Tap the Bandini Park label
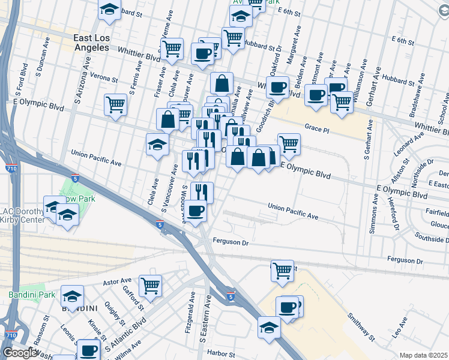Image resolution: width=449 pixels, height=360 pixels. (x=32, y=295)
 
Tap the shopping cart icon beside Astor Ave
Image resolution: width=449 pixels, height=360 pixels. (x=150, y=285)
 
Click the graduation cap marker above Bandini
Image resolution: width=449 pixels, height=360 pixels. (x=73, y=296)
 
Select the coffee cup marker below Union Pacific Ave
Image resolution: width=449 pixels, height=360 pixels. (x=195, y=211)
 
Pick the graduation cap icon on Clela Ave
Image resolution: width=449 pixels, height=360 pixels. (x=158, y=144)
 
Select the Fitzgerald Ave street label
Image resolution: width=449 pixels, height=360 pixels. (x=192, y=306)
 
